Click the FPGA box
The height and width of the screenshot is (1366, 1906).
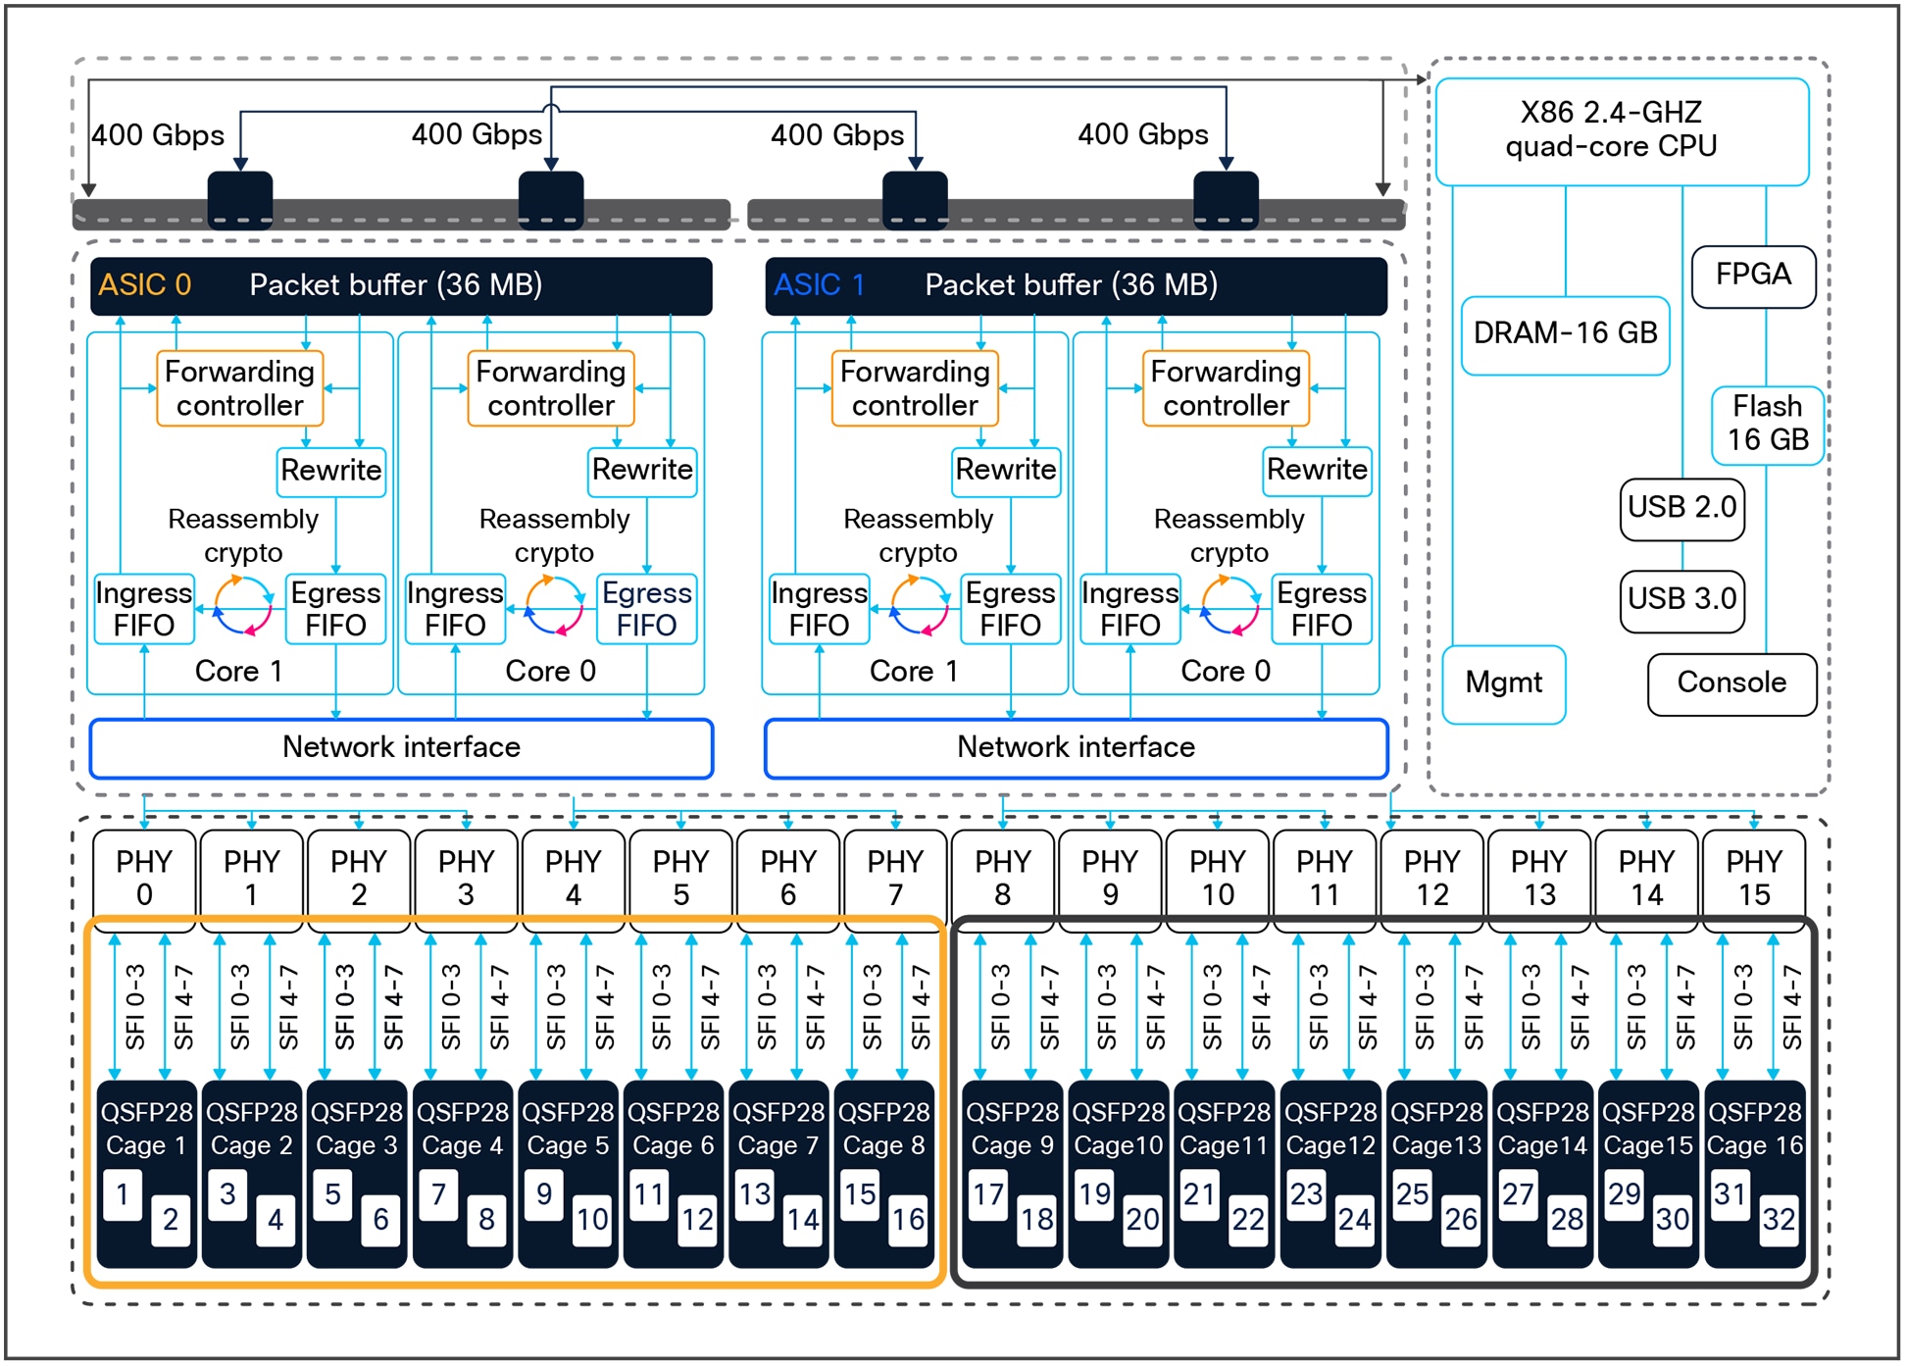click(x=1752, y=276)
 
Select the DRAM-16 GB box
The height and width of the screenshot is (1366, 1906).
click(x=1564, y=334)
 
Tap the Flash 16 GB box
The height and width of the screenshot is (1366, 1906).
click(x=1766, y=424)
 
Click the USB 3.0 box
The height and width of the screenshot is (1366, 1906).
click(x=1681, y=599)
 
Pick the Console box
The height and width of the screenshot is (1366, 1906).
click(x=1730, y=683)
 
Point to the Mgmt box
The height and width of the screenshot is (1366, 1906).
click(x=1502, y=683)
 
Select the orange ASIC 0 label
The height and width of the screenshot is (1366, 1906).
click(x=144, y=285)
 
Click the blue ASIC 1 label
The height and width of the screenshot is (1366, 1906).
click(x=819, y=285)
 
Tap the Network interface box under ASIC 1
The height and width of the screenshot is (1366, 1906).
click(x=1076, y=748)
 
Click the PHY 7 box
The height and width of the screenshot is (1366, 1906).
click(x=894, y=878)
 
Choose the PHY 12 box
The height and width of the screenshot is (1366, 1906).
click(x=1431, y=878)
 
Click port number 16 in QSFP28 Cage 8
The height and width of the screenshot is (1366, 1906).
click(x=907, y=1220)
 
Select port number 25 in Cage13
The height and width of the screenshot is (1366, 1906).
click(x=1412, y=1194)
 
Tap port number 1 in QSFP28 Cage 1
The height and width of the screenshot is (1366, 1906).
click(x=123, y=1194)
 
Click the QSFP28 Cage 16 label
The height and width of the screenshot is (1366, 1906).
click(x=1754, y=1129)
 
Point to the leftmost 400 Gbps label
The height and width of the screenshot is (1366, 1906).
click(x=158, y=135)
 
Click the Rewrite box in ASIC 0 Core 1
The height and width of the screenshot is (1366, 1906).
click(x=331, y=471)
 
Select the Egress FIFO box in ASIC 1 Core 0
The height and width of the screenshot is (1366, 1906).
click(x=1321, y=609)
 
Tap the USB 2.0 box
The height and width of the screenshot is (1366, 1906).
click(x=1681, y=508)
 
